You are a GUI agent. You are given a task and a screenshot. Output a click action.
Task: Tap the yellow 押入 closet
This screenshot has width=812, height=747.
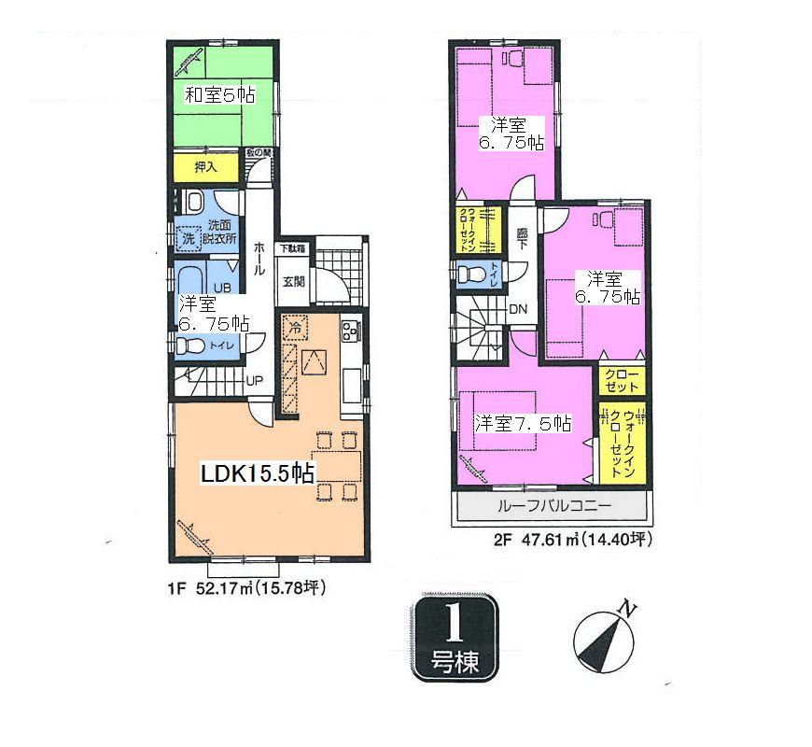pos(206,168)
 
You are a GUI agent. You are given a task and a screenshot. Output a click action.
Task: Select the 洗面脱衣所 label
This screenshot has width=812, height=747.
pos(222,232)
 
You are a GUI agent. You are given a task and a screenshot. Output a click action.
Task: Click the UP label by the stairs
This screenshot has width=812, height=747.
pos(253,380)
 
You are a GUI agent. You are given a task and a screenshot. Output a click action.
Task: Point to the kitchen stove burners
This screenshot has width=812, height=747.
pos(351,331)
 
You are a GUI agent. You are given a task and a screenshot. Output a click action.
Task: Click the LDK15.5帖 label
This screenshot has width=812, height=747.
pos(258,473)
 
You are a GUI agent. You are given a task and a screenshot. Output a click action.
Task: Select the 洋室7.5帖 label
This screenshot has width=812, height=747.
pos(523,423)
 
